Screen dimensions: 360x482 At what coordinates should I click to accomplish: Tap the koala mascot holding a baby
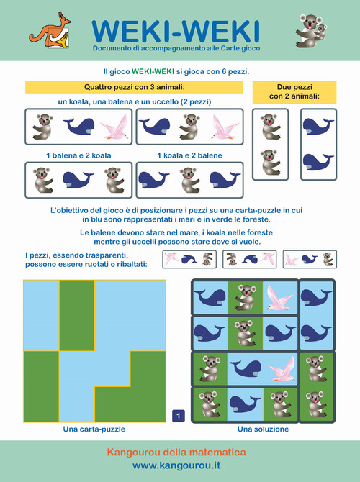click(311, 31)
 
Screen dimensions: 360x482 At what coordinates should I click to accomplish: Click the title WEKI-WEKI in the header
click(176, 32)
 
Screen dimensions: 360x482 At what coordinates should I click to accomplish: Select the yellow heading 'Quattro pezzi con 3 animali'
click(134, 87)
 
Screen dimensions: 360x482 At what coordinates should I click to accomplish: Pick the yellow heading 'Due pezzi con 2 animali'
click(294, 91)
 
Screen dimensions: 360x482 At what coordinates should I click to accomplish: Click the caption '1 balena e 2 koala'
click(78, 155)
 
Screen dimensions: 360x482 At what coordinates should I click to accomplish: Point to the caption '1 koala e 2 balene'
click(189, 155)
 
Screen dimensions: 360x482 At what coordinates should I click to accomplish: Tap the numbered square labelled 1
click(179, 417)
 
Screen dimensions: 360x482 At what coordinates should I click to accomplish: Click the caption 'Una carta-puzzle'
click(94, 429)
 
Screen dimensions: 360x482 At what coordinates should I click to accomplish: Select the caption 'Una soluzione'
click(263, 429)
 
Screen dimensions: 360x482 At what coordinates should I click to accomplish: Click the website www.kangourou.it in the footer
click(176, 465)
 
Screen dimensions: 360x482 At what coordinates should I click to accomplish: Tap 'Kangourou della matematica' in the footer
click(176, 453)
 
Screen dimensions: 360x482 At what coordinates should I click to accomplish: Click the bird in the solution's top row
click(280, 298)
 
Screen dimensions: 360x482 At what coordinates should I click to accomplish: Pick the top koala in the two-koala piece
click(270, 127)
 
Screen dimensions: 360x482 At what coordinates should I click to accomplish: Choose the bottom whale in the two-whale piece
click(318, 163)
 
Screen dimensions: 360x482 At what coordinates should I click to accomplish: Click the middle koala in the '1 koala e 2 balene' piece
click(190, 180)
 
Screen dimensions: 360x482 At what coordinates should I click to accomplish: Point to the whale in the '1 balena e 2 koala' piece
click(78, 180)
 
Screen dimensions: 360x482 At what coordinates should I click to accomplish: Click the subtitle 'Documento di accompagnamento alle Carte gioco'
click(176, 48)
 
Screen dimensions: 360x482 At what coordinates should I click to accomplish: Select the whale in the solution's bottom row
click(245, 404)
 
